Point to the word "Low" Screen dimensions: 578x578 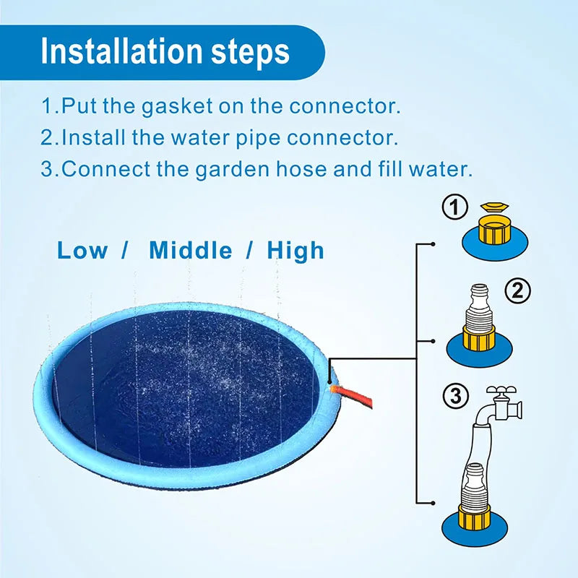82,251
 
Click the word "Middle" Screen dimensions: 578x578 191,251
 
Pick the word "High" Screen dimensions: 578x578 296,251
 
